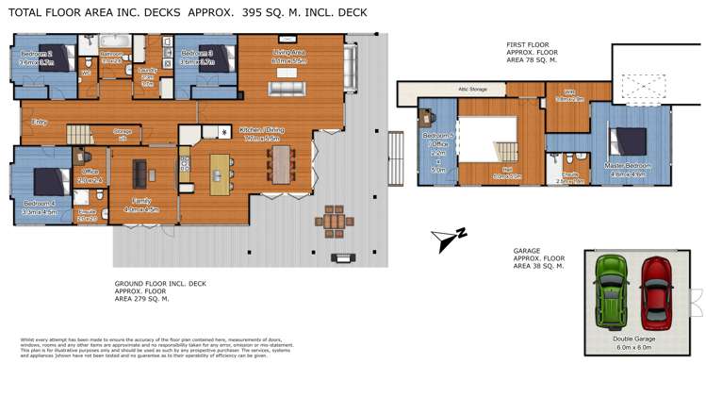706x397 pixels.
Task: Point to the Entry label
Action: [40, 122]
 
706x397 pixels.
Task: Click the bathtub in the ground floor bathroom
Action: [115, 41]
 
